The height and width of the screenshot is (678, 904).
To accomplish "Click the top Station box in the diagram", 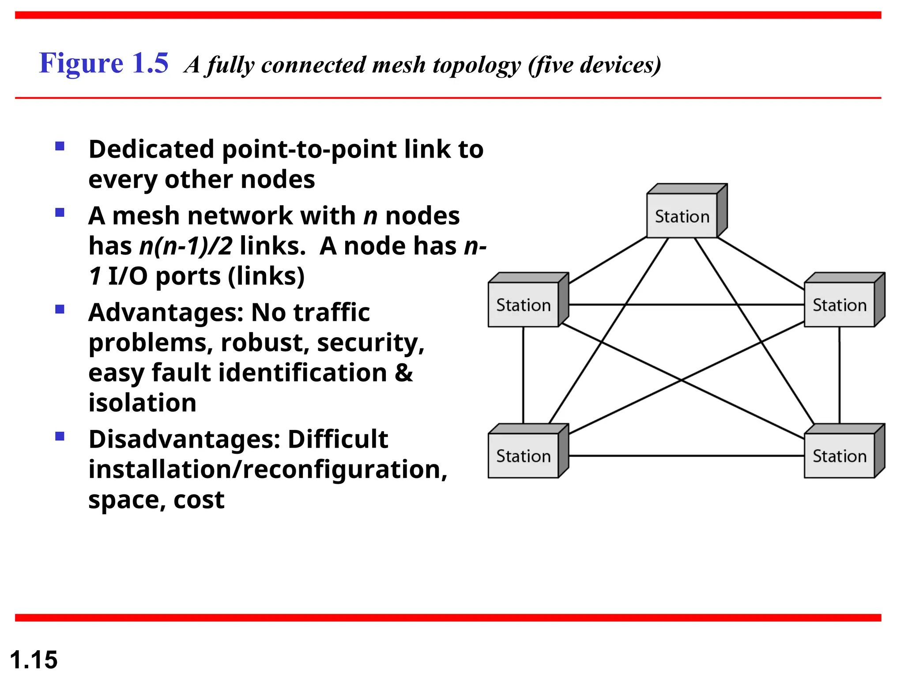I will pos(682,215).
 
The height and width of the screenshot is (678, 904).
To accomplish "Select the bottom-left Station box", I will pos(524,455).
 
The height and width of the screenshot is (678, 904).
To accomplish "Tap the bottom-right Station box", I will pos(840,455).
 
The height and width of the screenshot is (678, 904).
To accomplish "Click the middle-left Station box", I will pos(524,305).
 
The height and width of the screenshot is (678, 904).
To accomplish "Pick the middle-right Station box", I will pos(840,305).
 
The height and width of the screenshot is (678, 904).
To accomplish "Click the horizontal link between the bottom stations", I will pos(686,456).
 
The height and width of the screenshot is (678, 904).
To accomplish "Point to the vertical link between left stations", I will pos(524,375).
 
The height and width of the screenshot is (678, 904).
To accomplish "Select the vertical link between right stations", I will pos(840,375).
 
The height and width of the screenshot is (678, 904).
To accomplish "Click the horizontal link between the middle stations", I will pos(686,305).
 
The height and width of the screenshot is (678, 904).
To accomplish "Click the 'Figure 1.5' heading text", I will pos(104,63).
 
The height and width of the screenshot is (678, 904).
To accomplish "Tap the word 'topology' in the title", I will pos(477,65).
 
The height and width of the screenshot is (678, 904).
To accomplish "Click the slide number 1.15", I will pos(34,659).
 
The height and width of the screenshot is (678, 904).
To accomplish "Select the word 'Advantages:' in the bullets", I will pos(166,313).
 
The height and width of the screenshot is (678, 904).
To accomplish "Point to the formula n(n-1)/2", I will pos(185,246).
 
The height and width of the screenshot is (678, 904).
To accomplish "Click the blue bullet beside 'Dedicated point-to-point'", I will pos(60,146).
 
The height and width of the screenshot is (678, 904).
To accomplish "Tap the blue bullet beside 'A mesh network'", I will pos(60,213).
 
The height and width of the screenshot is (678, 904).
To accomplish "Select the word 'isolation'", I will pos(142,403).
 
